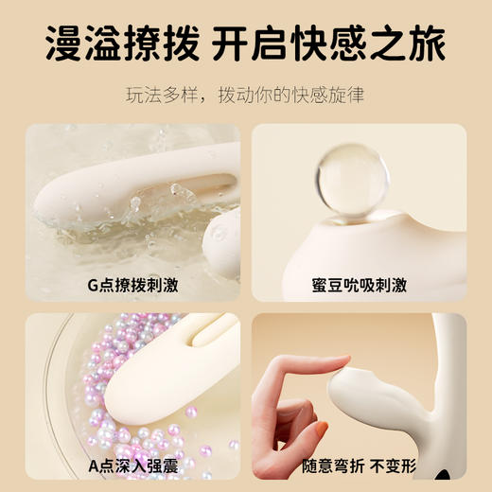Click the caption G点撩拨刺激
[x=132, y=283]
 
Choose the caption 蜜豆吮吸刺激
[x=359, y=283]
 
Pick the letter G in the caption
[x=92, y=283]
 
